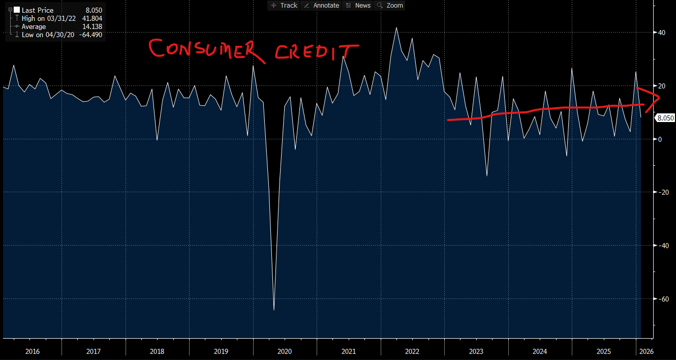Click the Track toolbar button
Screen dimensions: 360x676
coord(284,5)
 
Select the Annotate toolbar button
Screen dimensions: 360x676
coord(321,5)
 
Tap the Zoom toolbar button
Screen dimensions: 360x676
coord(390,5)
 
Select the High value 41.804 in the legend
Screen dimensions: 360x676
coord(93,18)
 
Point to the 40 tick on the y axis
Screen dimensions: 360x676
coord(662,33)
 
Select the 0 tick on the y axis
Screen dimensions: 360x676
coord(660,139)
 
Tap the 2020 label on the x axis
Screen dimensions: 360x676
coord(285,351)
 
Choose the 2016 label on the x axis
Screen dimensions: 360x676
coord(32,351)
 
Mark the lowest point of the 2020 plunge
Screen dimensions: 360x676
coord(274,310)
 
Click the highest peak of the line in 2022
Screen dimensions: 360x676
coord(396,27)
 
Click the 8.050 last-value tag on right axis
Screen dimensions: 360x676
coord(665,118)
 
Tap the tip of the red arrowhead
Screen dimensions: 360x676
coord(659,98)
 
